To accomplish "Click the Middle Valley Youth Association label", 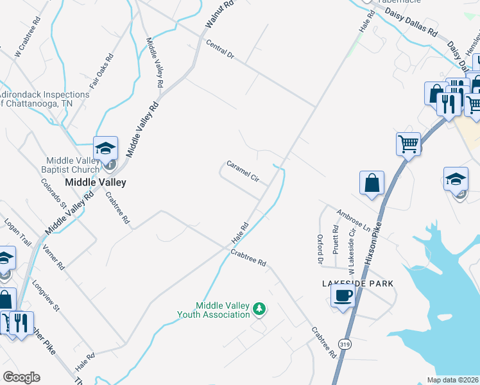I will click(x=214, y=310).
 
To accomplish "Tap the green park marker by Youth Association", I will click(x=259, y=309).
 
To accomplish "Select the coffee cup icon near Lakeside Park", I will click(x=342, y=296).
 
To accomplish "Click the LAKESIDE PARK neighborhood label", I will click(x=357, y=283).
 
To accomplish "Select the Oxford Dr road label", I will click(x=320, y=248).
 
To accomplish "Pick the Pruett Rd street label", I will click(x=336, y=238).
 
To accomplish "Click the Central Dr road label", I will click(x=220, y=49).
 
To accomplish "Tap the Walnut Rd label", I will click(x=212, y=14).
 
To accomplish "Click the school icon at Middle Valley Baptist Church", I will click(x=105, y=148).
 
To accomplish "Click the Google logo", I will click(x=21, y=377).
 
